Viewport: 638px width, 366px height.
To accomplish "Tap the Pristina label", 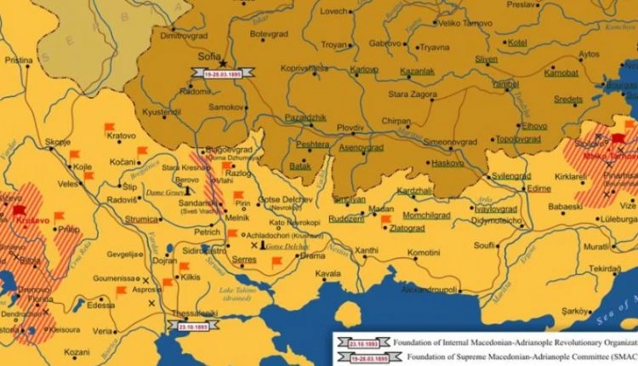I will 19,61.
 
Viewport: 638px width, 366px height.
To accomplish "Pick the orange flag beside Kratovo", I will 109,128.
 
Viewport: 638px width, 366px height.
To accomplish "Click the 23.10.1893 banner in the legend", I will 358,339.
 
